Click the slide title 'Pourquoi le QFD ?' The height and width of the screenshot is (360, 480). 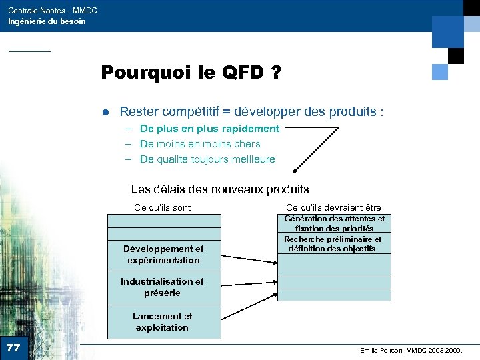point(190,73)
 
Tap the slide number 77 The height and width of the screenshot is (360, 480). point(13,347)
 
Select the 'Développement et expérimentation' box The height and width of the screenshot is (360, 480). point(163,255)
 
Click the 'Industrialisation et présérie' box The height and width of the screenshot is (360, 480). point(163,287)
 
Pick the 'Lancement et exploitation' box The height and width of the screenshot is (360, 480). point(163,322)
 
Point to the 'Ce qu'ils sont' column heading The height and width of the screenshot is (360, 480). point(162,207)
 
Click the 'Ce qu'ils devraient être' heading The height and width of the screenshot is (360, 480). point(333,207)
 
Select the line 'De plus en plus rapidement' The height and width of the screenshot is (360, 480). point(209,128)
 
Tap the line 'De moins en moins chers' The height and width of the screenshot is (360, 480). point(200,143)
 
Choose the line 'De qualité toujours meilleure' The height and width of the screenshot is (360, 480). point(207,159)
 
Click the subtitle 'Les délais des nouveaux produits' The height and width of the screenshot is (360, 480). point(220,189)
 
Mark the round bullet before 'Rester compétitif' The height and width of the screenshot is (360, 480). point(105,112)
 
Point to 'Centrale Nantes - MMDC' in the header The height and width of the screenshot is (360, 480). point(53,11)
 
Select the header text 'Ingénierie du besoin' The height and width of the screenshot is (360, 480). point(47,21)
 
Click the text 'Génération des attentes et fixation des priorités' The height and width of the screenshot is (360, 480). point(334,223)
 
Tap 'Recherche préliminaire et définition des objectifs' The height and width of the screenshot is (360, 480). point(333,244)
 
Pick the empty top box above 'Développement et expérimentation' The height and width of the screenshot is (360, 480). point(163,227)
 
